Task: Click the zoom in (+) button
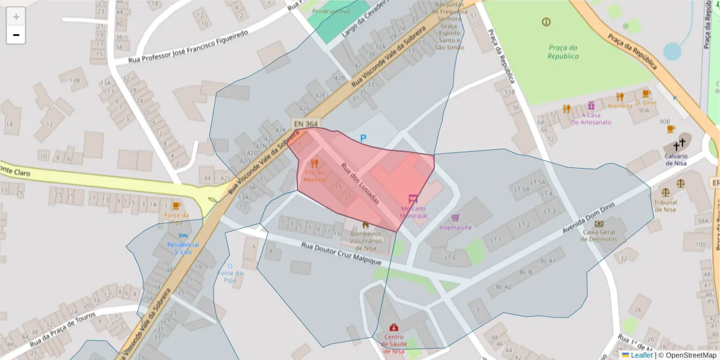pos(16,17)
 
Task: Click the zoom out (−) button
pos(16,35)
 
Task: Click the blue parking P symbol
pos(363,138)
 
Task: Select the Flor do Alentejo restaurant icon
pos(314,163)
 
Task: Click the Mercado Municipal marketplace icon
pos(413,199)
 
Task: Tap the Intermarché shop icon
pos(455,218)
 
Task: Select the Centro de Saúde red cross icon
pos(394,328)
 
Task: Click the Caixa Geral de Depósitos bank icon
pos(598,224)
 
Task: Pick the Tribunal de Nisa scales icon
pos(665,193)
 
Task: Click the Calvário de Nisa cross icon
pos(679,145)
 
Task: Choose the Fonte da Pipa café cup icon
pos(176,206)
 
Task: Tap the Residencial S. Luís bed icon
pos(183,236)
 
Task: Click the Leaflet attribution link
pos(641,355)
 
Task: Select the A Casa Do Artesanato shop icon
pos(591,106)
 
